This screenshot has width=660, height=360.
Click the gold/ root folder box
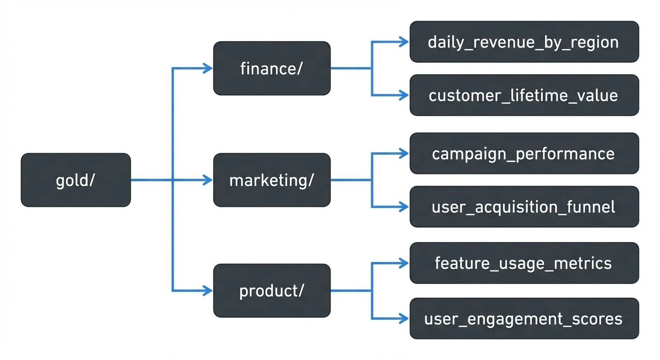(75, 180)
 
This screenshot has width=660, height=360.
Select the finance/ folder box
(272, 68)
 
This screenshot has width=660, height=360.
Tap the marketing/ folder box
(272, 180)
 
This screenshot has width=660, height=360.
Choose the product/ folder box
(272, 291)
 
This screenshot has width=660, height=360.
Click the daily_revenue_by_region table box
(524, 42)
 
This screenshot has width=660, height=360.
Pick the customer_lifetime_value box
(524, 95)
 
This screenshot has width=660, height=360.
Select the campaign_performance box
(524, 153)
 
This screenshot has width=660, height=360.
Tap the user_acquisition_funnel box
(524, 207)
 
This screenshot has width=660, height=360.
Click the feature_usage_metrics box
(524, 263)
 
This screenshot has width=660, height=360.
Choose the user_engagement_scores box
(524, 319)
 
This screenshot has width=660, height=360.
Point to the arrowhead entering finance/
(208, 68)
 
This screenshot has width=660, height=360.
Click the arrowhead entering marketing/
(208, 180)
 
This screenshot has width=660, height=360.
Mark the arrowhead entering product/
(208, 291)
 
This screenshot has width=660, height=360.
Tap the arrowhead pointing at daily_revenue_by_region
(404, 42)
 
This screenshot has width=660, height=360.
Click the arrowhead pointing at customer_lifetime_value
(404, 95)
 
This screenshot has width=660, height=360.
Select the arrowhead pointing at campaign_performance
(404, 153)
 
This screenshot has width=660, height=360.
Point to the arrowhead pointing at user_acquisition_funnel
(404, 207)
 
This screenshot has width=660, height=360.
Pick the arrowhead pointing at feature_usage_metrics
(404, 263)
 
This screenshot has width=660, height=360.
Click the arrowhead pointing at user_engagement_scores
(404, 319)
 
